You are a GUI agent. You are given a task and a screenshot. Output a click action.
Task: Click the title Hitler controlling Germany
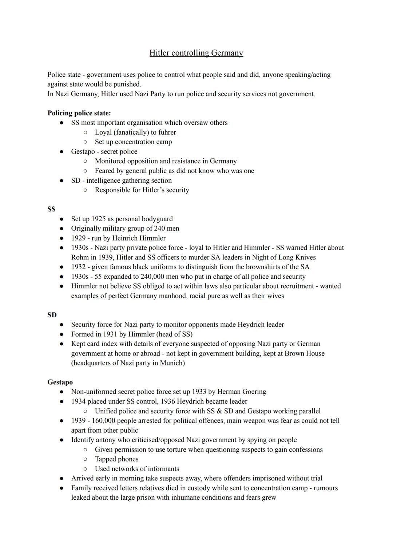pyautogui.click(x=196, y=53)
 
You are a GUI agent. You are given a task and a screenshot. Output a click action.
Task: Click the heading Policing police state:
pyautogui.click(x=79, y=113)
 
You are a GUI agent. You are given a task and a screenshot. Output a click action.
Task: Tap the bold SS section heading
pyautogui.click(x=51, y=209)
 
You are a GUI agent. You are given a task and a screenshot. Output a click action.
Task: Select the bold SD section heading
pyautogui.click(x=52, y=315)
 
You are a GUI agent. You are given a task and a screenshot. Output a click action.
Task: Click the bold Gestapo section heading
pyautogui.click(x=60, y=382)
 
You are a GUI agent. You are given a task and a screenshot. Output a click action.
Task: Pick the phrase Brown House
pyautogui.click(x=305, y=353)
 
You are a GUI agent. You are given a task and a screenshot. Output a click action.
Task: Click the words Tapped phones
pyautogui.click(x=116, y=459)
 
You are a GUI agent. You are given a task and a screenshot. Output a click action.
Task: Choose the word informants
pyautogui.click(x=162, y=469)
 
